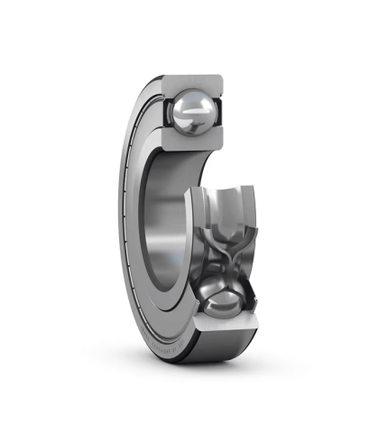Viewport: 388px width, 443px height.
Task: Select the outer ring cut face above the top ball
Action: (x=194, y=80)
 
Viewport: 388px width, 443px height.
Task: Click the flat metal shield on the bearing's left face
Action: (x=135, y=226)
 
